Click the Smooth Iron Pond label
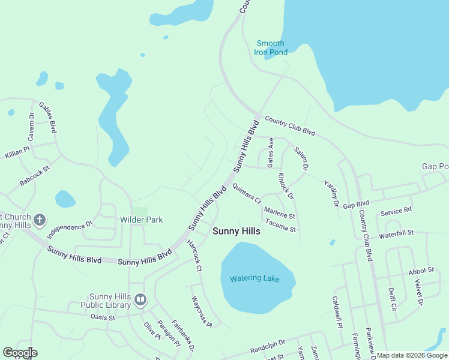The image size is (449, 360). (x=271, y=48)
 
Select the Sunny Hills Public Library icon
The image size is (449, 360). (x=140, y=299)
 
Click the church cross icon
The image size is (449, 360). (x=40, y=220)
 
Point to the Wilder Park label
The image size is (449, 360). (x=142, y=220)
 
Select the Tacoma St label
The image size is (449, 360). (x=281, y=229)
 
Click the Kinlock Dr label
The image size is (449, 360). (x=286, y=186)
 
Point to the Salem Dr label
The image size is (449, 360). (x=301, y=158)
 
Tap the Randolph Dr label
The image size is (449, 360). (x=268, y=346)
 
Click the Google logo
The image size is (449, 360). (x=20, y=353)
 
